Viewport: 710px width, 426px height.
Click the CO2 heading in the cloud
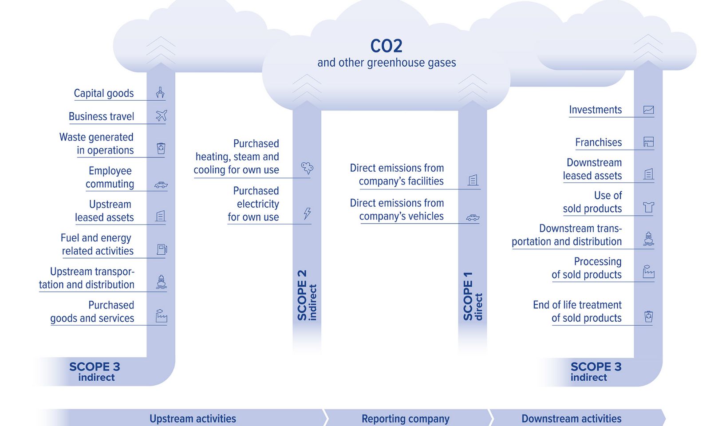[x=386, y=46]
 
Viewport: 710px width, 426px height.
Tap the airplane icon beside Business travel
[x=161, y=116]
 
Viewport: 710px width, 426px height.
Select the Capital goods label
[x=104, y=93]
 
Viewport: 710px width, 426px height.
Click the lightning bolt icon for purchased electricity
[x=307, y=213]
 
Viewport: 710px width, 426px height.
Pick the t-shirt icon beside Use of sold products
[x=648, y=207]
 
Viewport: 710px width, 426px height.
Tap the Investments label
[x=595, y=110]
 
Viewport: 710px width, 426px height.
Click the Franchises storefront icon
[x=648, y=142]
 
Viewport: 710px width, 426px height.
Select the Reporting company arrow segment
[x=405, y=418]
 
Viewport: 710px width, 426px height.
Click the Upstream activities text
[x=193, y=418]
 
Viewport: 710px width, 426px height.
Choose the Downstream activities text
[x=571, y=418]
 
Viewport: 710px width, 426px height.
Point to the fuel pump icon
[x=162, y=249]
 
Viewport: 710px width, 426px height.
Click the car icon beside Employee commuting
[x=161, y=185]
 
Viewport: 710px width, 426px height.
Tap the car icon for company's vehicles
[x=473, y=217]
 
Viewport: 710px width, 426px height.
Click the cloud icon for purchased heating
[x=307, y=168]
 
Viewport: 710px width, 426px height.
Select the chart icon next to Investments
[x=648, y=110]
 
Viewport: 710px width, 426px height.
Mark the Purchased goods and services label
[x=92, y=312]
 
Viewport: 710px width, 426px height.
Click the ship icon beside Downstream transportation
[x=648, y=239]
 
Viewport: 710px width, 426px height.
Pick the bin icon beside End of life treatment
[x=648, y=316]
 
